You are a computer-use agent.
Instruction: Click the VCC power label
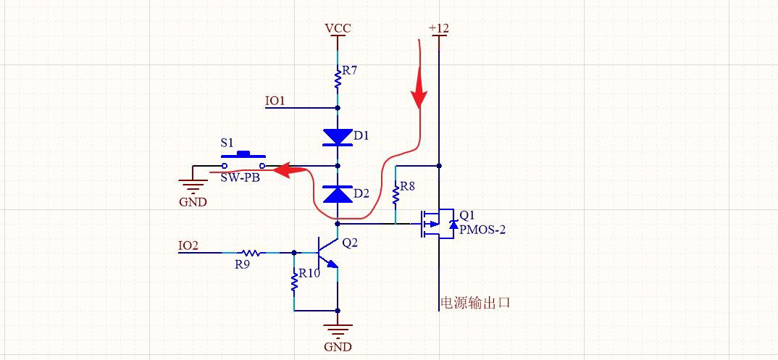(338, 28)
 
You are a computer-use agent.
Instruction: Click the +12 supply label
(439, 28)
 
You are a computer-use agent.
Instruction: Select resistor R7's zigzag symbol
(338, 78)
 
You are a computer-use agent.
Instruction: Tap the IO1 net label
(275, 101)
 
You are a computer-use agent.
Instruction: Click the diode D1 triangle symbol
(338, 137)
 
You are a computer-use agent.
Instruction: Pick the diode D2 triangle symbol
(338, 194)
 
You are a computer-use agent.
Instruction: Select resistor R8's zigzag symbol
(396, 193)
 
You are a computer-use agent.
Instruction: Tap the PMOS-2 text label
(482, 230)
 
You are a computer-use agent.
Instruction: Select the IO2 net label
(188, 246)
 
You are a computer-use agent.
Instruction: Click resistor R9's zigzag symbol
(251, 253)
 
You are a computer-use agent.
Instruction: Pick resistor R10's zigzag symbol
(294, 282)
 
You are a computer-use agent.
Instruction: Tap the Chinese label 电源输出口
(475, 303)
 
